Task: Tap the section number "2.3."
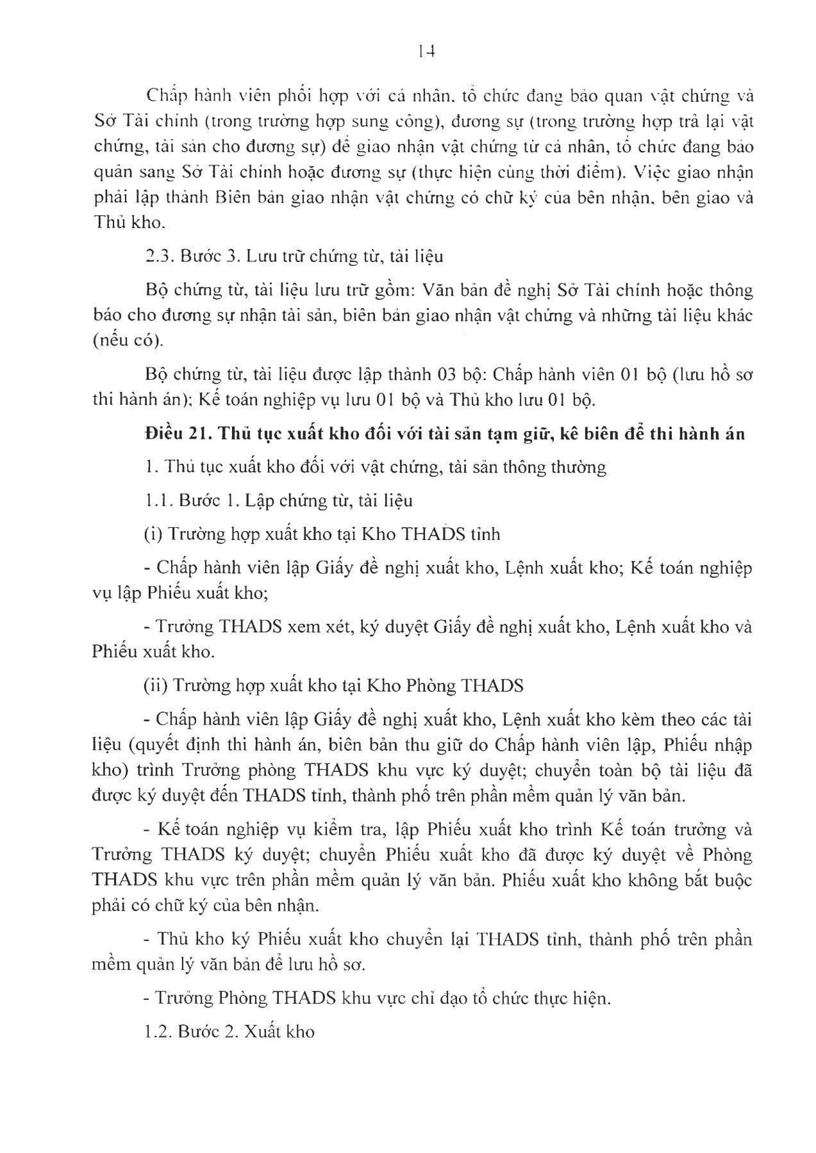[157, 257]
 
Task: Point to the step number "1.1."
[158, 500]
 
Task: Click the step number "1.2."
[158, 1032]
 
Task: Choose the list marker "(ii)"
[156, 685]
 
